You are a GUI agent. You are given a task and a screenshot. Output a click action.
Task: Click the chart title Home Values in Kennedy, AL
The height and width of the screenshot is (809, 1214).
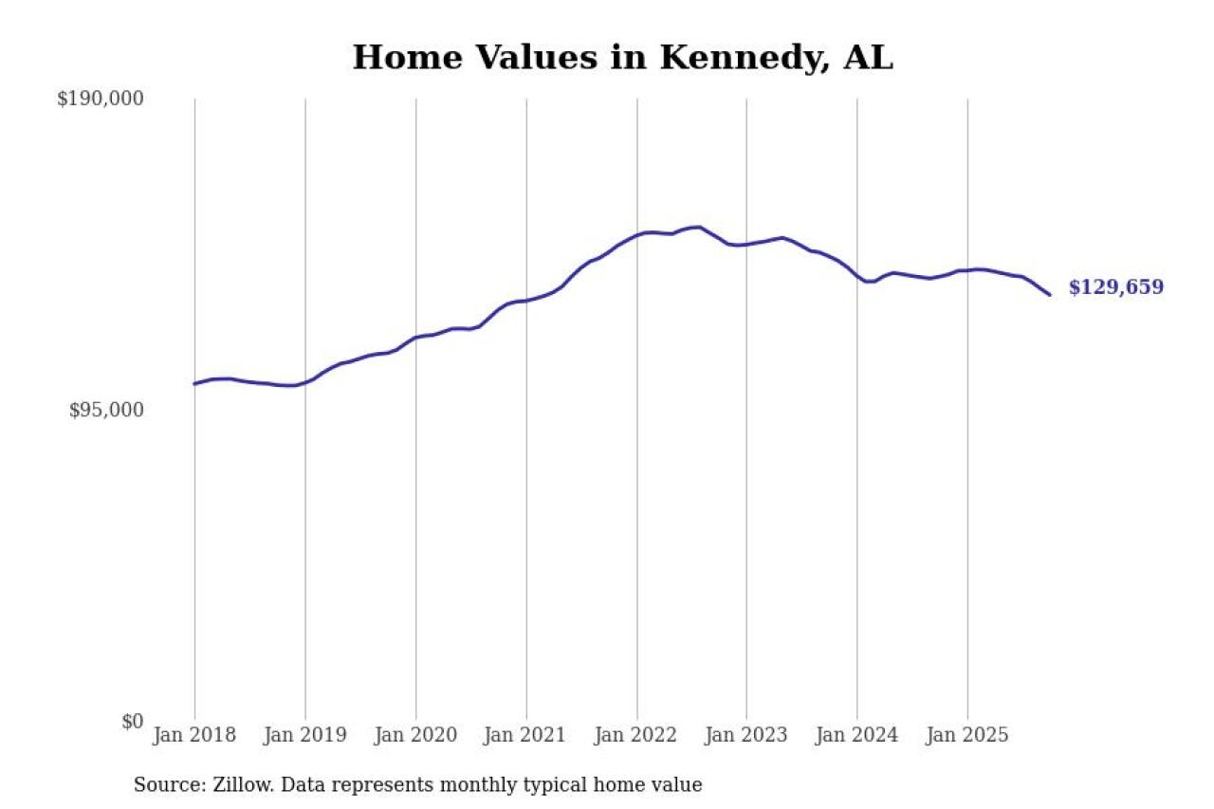tap(622, 58)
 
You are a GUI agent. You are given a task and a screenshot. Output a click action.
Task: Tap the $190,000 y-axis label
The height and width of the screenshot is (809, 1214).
tap(101, 99)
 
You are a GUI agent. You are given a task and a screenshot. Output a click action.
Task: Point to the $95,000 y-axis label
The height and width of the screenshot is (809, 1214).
tap(106, 410)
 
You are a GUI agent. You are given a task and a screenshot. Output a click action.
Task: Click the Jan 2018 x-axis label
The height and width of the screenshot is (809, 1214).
tap(193, 735)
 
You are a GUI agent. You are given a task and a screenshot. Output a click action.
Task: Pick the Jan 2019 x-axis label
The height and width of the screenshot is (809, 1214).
tap(304, 735)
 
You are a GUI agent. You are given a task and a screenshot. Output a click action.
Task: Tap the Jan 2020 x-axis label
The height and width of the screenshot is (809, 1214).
tap(415, 735)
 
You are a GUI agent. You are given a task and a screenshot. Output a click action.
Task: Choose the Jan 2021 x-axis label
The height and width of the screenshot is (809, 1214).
tap(526, 735)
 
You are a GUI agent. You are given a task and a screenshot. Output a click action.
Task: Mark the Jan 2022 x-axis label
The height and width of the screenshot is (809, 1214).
tap(636, 735)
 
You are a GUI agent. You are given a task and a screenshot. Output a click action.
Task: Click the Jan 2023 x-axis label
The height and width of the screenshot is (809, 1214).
tap(746, 735)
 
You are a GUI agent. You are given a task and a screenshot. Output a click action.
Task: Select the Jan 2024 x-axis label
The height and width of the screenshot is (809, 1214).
tap(857, 735)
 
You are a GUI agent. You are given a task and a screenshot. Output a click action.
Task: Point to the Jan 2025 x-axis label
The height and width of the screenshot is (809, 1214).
tap(967, 735)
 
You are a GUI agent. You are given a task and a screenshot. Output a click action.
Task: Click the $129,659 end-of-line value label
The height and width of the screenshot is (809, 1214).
tap(1115, 288)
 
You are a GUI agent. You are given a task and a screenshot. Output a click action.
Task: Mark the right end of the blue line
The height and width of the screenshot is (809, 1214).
tap(1050, 295)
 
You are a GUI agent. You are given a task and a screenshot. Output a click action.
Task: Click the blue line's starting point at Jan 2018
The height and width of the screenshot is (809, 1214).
tap(194, 384)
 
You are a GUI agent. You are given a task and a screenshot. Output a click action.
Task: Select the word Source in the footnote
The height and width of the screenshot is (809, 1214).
tap(163, 785)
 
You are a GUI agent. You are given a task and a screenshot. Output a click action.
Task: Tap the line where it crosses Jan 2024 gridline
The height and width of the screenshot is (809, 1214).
tap(857, 277)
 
